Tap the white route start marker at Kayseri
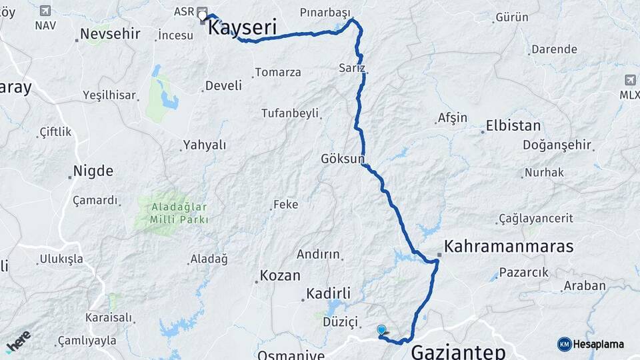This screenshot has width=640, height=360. (x=202, y=15)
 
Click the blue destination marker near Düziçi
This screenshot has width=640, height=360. (x=381, y=329)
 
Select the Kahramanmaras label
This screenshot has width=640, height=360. (x=509, y=246)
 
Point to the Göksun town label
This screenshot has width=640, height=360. (x=343, y=159)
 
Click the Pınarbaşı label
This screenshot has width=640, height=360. (x=325, y=13)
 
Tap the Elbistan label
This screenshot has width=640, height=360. (x=513, y=125)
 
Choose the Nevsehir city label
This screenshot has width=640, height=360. (x=109, y=34)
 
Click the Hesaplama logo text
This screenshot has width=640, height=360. (x=598, y=344)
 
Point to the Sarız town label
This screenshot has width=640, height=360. (x=352, y=68)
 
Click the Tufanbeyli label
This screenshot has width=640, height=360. (x=289, y=113)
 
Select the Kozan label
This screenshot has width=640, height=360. (x=280, y=275)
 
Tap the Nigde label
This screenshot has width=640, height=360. (x=93, y=171)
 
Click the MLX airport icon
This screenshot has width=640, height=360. (x=630, y=80)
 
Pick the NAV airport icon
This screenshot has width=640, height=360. (x=45, y=11)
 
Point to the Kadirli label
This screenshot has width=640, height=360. (x=328, y=293)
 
